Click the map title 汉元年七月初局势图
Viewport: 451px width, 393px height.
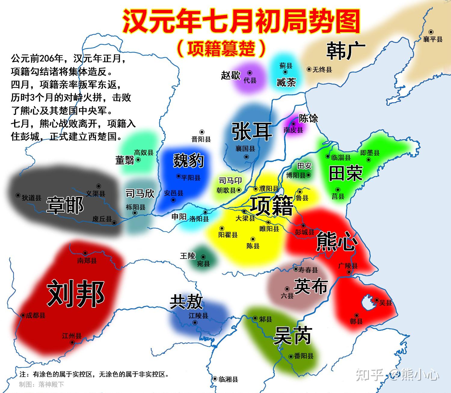241,21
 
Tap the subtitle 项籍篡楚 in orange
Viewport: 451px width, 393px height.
221,48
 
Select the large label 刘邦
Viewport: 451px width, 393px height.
76,294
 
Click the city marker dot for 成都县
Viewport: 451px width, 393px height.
23,315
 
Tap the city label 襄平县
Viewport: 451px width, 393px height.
433,39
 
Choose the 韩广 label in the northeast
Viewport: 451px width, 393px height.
346,51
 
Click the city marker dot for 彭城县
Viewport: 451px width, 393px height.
303,226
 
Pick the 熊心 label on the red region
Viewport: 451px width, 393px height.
337,241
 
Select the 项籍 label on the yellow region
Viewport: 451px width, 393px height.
272,206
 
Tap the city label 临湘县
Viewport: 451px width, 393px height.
229,379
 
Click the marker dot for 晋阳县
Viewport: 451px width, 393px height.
202,132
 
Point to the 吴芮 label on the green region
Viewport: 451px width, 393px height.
292,336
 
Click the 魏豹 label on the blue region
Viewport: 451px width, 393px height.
189,160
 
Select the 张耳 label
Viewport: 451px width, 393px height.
252,131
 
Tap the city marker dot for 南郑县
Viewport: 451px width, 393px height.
85,253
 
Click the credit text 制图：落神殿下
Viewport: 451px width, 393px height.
41,384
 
